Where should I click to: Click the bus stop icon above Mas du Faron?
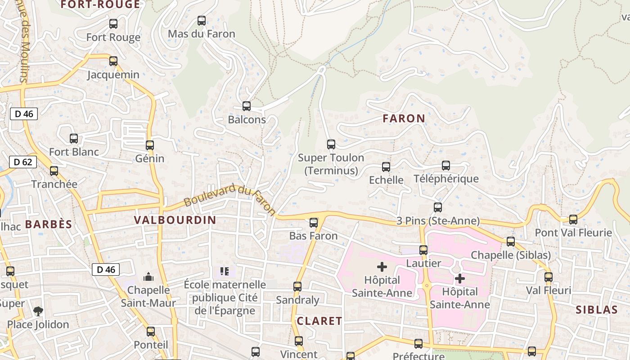pyautogui.click(x=202, y=21)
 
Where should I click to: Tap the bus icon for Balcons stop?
pyautogui.click(x=247, y=106)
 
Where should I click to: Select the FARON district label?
pyautogui.click(x=404, y=118)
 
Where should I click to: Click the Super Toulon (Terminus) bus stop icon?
pyautogui.click(x=331, y=144)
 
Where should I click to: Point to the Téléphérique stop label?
pyautogui.click(x=446, y=179)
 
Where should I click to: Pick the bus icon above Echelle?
pyautogui.click(x=386, y=167)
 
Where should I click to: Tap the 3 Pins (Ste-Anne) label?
pyautogui.click(x=438, y=221)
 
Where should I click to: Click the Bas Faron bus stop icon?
pyautogui.click(x=314, y=223)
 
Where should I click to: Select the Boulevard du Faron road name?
pyautogui.click(x=229, y=199)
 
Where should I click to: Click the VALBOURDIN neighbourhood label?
pyautogui.click(x=175, y=220)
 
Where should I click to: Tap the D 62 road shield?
pyautogui.click(x=23, y=162)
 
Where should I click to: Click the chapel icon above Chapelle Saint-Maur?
pyautogui.click(x=148, y=276)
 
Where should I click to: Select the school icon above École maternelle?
pyautogui.click(x=225, y=271)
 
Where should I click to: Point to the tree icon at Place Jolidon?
pyautogui.click(x=38, y=311)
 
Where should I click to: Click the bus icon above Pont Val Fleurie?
pyautogui.click(x=573, y=220)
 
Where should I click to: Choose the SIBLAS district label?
pyautogui.click(x=597, y=310)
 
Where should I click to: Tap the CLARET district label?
pyautogui.click(x=319, y=321)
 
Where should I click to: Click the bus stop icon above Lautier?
pyautogui.click(x=423, y=250)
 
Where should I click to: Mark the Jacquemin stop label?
pyautogui.click(x=113, y=75)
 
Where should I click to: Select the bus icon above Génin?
pyautogui.click(x=150, y=145)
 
